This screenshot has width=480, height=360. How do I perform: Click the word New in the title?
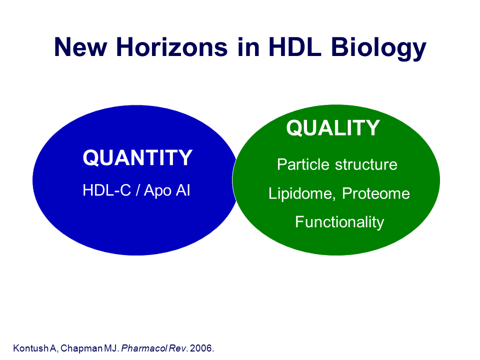80,47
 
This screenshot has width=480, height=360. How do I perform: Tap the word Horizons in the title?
172,47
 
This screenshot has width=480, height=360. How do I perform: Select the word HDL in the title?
295,47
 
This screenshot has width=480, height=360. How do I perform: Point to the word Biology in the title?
378,48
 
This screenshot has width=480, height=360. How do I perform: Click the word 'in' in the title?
248,47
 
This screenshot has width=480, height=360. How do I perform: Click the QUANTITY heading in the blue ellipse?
137,157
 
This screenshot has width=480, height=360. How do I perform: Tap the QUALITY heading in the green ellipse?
333,127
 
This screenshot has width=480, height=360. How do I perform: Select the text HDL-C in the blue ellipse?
107,190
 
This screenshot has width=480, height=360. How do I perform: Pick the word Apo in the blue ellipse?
157,191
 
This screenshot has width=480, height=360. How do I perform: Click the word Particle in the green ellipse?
303,164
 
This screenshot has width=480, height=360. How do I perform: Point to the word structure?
366,165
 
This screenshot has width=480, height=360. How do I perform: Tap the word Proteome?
375,193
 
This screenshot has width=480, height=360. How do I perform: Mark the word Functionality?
339,222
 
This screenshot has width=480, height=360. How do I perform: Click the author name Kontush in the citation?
31,348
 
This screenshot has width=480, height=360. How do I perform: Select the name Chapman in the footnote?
81,348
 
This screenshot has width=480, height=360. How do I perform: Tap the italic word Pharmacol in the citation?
144,348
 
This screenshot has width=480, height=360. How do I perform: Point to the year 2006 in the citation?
201,348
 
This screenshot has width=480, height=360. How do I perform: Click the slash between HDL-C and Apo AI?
138,190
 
